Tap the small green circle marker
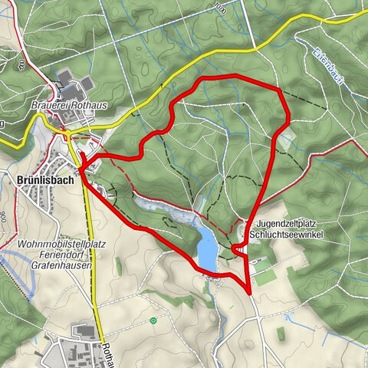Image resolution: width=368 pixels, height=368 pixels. point(154,320)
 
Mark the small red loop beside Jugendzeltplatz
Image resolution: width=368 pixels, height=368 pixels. point(238,248)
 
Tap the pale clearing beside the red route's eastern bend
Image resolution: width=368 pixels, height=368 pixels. point(286,139)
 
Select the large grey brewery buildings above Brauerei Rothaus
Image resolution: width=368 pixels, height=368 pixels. point(77,84)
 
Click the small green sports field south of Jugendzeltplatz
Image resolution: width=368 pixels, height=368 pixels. point(265,277)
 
